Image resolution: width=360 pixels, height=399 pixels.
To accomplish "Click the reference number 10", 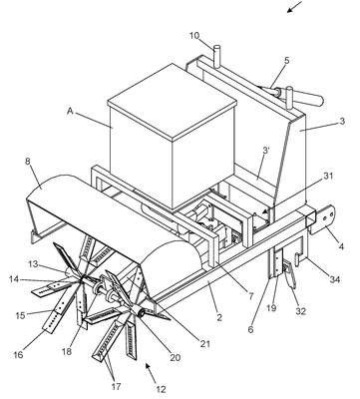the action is coord(196,35).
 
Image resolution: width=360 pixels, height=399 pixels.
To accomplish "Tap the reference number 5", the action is coord(287,61).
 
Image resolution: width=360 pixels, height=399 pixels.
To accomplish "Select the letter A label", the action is coord(70,111).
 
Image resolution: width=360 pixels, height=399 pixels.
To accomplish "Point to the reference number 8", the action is coord(28,162).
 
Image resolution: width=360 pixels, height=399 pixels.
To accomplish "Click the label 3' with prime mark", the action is coord(266,150).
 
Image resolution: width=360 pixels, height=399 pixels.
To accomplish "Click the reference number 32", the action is coord(301,312).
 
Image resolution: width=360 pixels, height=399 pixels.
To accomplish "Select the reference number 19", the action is coord(271,308).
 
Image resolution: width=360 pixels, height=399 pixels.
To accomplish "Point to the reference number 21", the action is coord(205,344).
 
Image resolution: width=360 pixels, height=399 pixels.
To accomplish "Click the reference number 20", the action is coord(176,357).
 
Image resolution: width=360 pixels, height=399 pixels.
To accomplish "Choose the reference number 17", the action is coord(116,387).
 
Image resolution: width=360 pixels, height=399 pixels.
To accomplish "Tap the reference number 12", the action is coord(160,389).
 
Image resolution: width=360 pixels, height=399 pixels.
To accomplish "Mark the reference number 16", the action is coord(19,355).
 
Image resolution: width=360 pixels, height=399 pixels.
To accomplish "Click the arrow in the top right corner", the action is coord(295,7).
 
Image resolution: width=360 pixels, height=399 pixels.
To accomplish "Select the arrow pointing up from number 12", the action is coord(150,372).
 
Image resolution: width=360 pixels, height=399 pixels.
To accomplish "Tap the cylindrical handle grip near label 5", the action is coord(309,100).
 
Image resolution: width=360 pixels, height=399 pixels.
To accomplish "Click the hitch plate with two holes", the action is coord(322,219).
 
